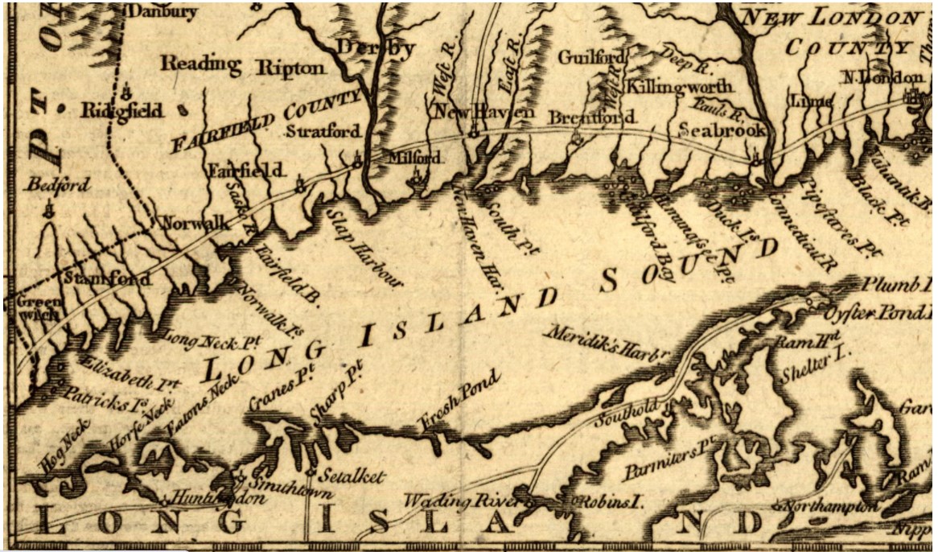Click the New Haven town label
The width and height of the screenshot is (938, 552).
[x=483, y=113]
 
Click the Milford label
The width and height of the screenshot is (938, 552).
[x=414, y=158]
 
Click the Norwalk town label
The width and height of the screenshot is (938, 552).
[x=191, y=225]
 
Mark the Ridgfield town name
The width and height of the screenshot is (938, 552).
[x=121, y=110]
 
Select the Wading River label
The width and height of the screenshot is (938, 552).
[x=463, y=499]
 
